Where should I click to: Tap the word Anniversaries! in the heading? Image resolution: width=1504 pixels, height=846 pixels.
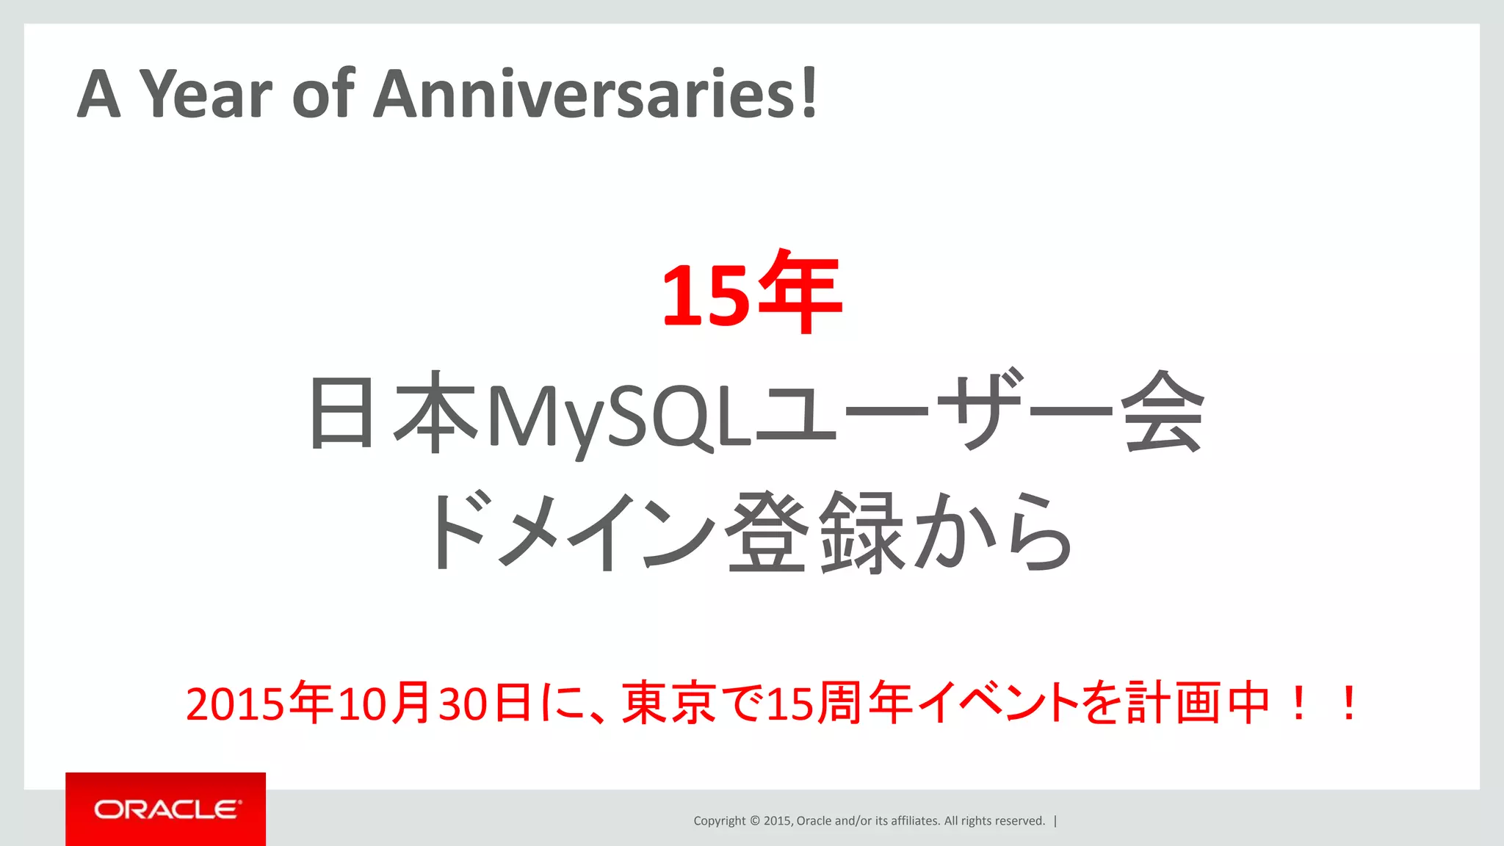tap(595, 94)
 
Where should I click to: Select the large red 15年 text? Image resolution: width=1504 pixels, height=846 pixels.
tap(751, 292)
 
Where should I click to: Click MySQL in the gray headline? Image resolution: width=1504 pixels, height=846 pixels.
tap(621, 415)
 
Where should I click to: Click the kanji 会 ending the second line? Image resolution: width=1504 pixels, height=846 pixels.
tap(1162, 413)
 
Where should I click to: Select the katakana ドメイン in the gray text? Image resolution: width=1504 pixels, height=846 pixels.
tap(569, 532)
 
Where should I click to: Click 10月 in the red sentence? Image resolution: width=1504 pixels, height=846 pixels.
tap(385, 704)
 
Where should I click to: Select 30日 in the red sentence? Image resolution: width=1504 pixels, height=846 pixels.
tap(485, 704)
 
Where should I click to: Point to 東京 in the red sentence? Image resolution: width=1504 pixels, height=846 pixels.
tap(668, 704)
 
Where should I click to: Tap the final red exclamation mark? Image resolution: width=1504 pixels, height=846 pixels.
tap(1348, 704)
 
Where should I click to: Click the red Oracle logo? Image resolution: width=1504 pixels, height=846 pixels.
tap(166, 809)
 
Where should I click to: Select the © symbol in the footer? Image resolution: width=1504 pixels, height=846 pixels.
tap(753, 821)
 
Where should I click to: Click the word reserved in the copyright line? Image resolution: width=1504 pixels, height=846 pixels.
tap(1019, 821)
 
